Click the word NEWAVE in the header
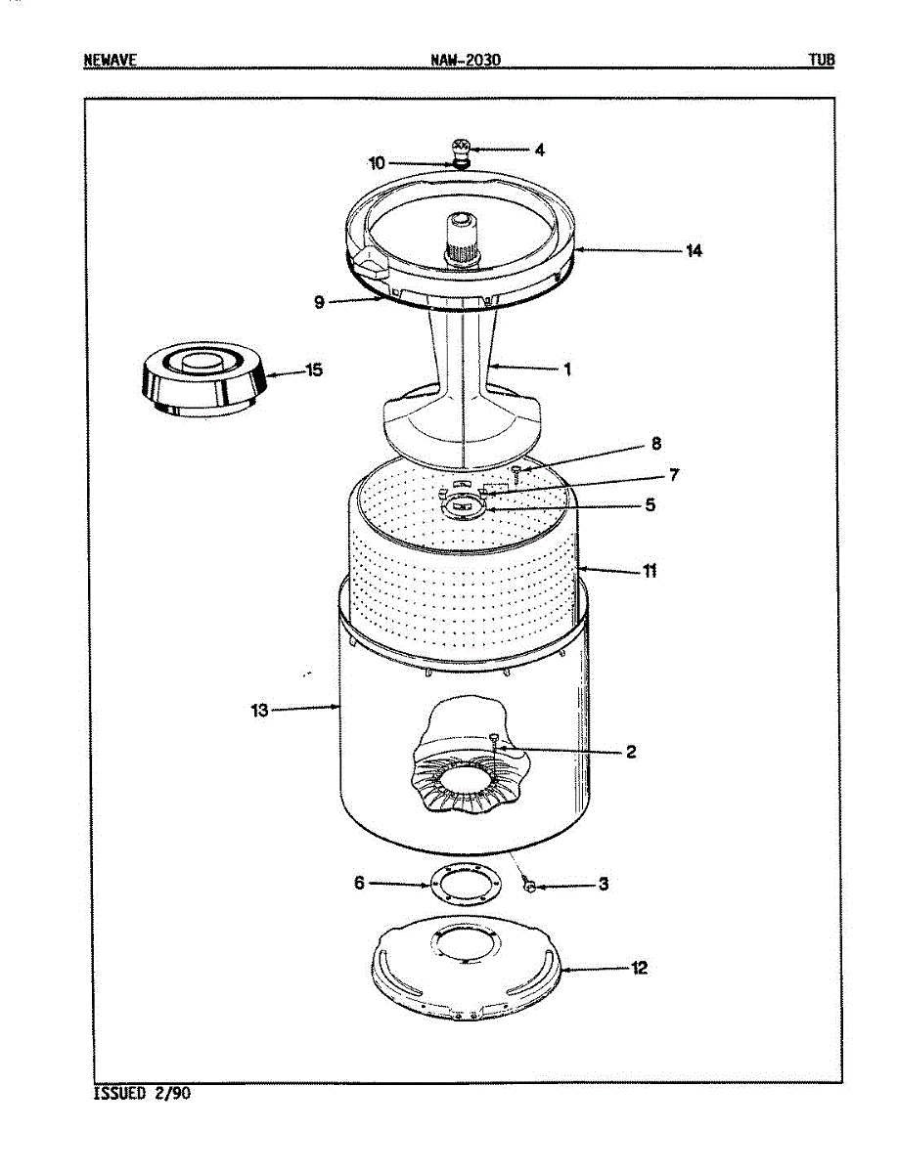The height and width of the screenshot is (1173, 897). (110, 61)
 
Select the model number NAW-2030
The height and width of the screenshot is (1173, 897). (465, 61)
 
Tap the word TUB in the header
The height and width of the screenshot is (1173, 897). (821, 61)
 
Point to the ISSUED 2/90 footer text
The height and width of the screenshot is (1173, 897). (142, 1093)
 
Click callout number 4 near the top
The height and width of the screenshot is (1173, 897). (539, 151)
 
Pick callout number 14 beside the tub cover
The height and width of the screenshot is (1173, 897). (694, 251)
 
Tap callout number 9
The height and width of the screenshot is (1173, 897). (319, 302)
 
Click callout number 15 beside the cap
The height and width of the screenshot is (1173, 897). (314, 370)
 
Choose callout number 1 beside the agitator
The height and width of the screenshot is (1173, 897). (566, 369)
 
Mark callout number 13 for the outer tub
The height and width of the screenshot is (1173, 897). (259, 711)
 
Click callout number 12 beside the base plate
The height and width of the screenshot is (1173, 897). (639, 969)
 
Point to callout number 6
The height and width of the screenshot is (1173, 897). (359, 883)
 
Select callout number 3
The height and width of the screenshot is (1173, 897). (604, 884)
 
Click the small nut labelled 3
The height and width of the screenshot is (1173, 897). (529, 885)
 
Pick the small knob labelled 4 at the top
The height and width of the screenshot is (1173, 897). (461, 150)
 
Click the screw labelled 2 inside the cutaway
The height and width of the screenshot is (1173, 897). (495, 741)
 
